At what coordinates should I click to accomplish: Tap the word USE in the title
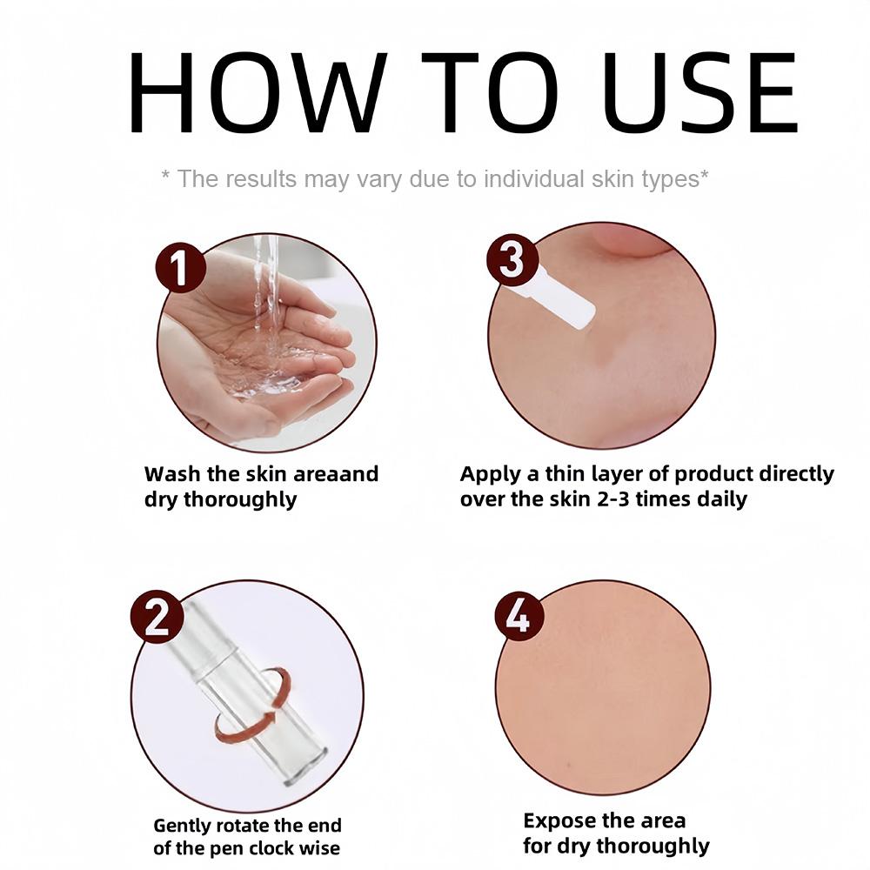coord(700,93)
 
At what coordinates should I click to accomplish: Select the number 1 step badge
coord(180,268)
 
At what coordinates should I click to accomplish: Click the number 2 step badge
coord(157,617)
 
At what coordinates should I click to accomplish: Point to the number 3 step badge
coord(512,259)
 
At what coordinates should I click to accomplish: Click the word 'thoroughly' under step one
coord(240,499)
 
